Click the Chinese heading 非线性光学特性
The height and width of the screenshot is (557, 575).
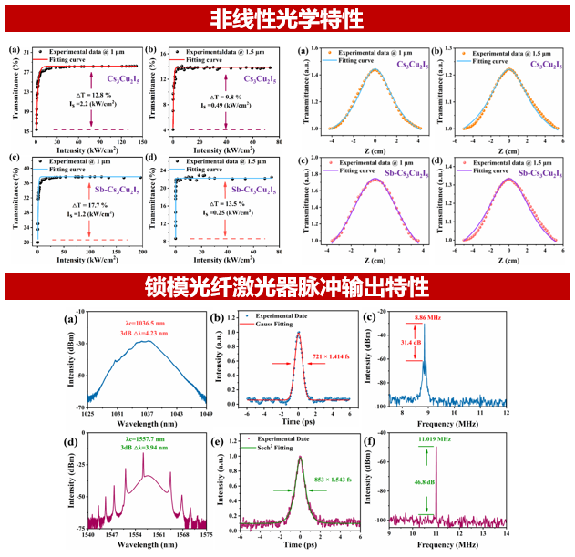click(287, 17)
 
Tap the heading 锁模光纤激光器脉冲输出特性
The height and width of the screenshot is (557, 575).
click(287, 288)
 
